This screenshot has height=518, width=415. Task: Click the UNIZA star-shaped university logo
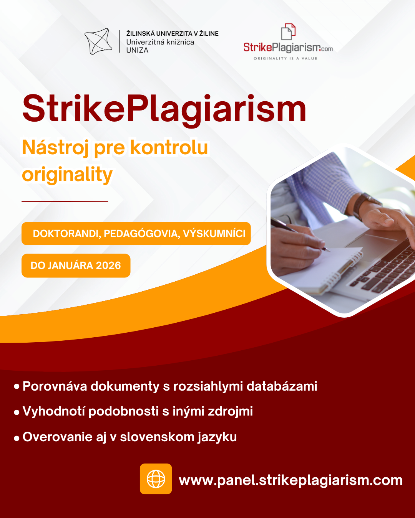point(98,41)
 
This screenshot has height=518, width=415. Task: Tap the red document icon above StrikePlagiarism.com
point(288,32)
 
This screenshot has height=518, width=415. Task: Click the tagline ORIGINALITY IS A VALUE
point(286,59)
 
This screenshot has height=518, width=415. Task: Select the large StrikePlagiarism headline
point(164,109)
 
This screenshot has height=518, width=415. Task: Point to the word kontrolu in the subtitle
point(169,147)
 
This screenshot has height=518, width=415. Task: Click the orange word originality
point(67,175)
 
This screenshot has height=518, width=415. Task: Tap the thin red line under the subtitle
point(65,201)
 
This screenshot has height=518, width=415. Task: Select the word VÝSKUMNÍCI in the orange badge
point(214,234)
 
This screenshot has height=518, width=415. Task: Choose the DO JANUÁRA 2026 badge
point(76,266)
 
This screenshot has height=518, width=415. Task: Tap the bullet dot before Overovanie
point(17,438)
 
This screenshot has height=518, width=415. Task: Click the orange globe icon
point(156,479)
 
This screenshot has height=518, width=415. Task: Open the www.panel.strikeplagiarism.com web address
point(290,480)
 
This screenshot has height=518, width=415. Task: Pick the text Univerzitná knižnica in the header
point(160,42)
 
